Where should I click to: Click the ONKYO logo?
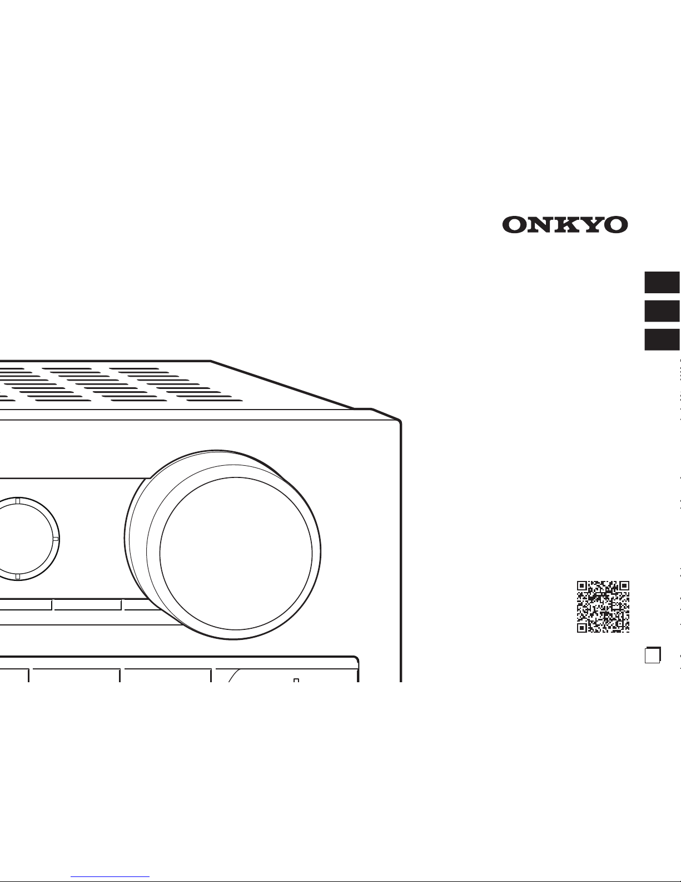point(565,225)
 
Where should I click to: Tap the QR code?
point(603,607)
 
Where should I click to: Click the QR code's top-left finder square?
point(582,586)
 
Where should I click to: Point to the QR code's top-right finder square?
point(624,586)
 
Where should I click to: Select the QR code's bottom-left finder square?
point(582,627)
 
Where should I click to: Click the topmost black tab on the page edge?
point(662,282)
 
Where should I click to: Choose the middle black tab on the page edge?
point(662,311)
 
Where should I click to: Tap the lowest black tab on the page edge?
point(662,339)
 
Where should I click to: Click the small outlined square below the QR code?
point(652,655)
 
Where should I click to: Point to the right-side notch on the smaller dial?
point(54,539)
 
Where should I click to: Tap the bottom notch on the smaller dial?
point(18,576)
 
